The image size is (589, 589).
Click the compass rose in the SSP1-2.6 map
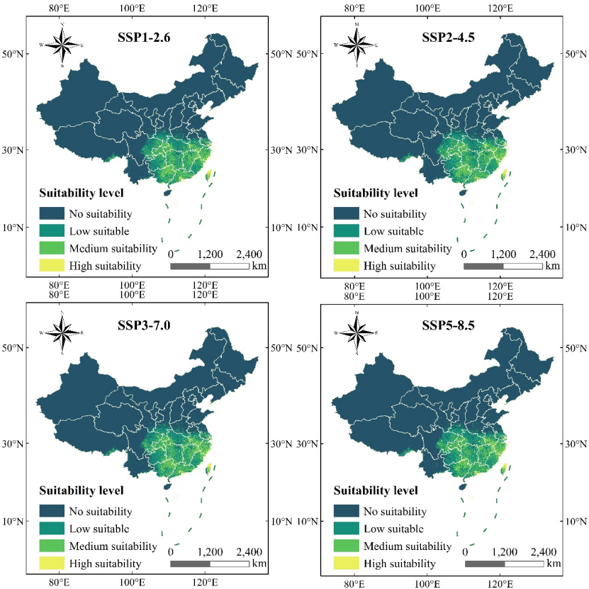tap(63, 45)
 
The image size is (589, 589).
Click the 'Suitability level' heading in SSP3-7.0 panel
tap(82, 490)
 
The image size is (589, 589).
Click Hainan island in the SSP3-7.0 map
tap(167, 486)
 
